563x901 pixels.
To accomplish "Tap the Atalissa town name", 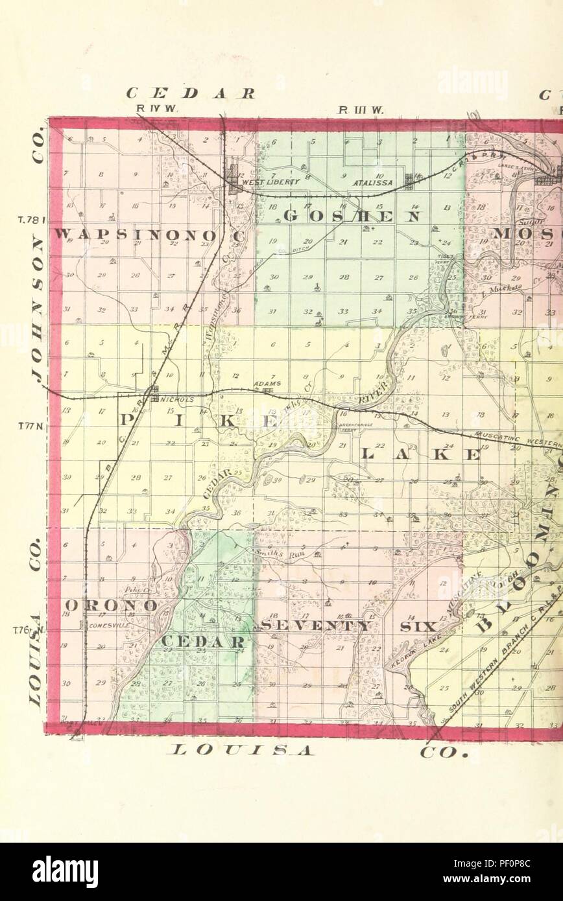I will click(352, 183).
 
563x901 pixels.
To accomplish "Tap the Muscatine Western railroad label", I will click(516, 439).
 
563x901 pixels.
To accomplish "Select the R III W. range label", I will click(361, 109).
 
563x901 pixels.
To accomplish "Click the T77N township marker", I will click(30, 426).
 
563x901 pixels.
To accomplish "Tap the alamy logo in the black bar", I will click(66, 872).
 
